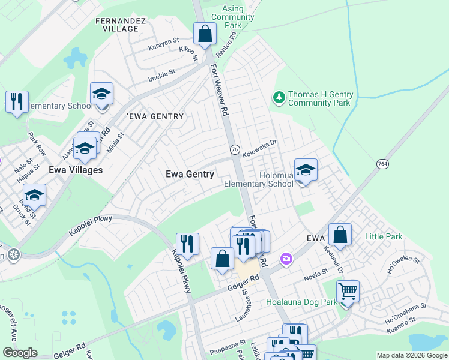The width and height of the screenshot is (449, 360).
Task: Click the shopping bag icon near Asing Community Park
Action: (205, 34)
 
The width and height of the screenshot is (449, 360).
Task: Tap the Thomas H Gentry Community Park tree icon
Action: (278, 97)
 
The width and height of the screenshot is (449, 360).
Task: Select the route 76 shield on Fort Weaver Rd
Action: (235, 149)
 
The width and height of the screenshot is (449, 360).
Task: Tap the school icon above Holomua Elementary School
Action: (306, 170)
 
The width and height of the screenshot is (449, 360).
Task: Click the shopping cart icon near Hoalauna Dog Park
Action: (348, 292)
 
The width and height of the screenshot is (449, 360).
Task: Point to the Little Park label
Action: (384, 237)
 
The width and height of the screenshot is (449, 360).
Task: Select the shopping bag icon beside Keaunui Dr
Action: (340, 236)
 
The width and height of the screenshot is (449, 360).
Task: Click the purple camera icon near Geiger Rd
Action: (286, 259)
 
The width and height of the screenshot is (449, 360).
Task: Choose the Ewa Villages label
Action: (76, 170)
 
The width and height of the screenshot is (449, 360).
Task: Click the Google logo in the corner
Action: (20, 353)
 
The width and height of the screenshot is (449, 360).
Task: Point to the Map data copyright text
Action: (412, 355)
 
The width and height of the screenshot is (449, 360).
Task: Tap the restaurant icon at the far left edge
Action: (17, 101)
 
